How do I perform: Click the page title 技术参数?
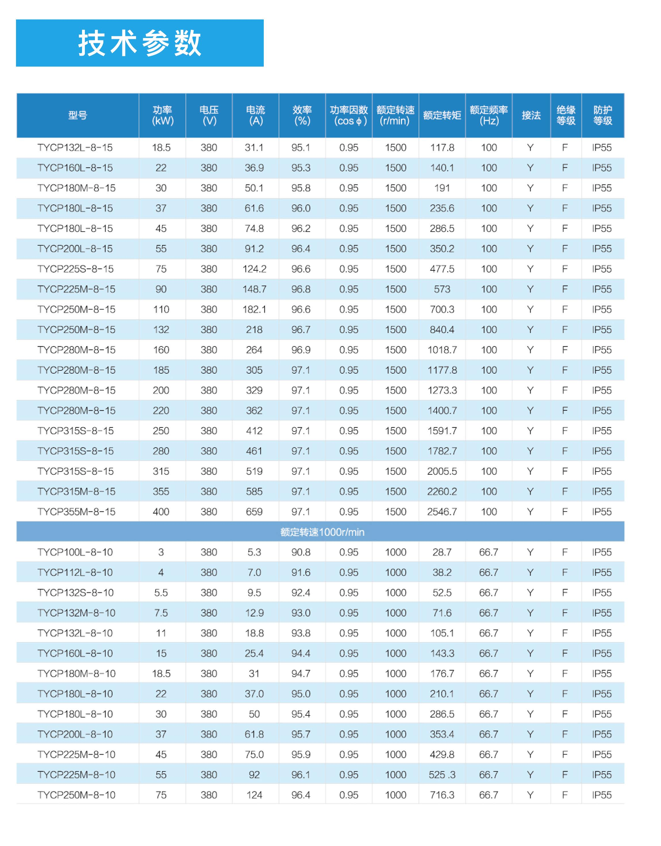139,43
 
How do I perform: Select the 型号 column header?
77,115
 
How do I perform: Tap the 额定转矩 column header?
442,115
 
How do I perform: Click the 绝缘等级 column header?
566,115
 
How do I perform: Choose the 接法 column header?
531,115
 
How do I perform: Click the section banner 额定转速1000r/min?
322,532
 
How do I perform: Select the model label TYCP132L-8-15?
75,147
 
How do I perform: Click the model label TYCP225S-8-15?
75,269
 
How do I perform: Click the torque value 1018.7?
442,350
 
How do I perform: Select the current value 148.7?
254,289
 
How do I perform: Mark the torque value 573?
442,289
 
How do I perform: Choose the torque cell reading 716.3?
442,795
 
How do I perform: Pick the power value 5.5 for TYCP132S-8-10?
161,593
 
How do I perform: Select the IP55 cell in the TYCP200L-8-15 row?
602,249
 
